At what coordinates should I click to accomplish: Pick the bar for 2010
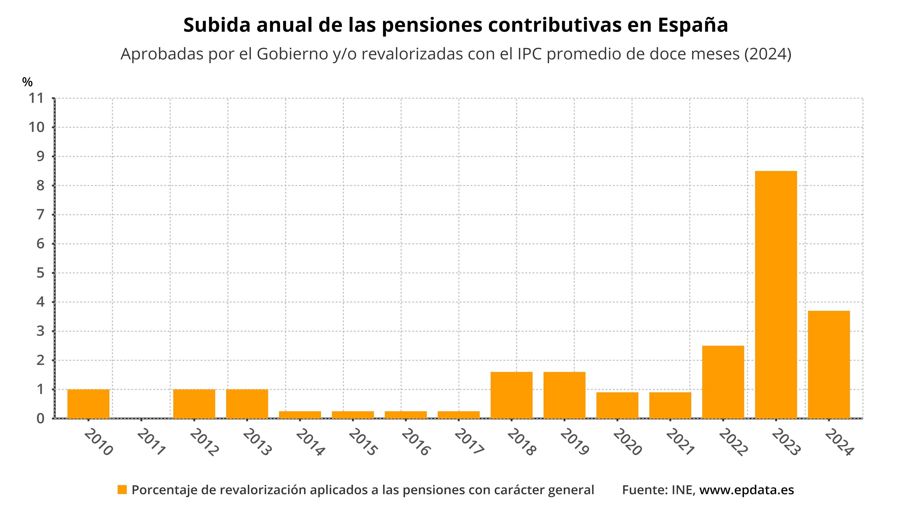click(x=88, y=404)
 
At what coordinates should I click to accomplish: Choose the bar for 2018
click(x=511, y=395)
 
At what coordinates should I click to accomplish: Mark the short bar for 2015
click(x=353, y=415)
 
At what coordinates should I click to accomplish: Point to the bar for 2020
click(x=617, y=405)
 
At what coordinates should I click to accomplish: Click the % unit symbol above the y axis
click(x=27, y=82)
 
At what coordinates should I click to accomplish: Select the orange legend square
click(x=122, y=490)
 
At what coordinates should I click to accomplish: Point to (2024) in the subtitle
click(x=768, y=54)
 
